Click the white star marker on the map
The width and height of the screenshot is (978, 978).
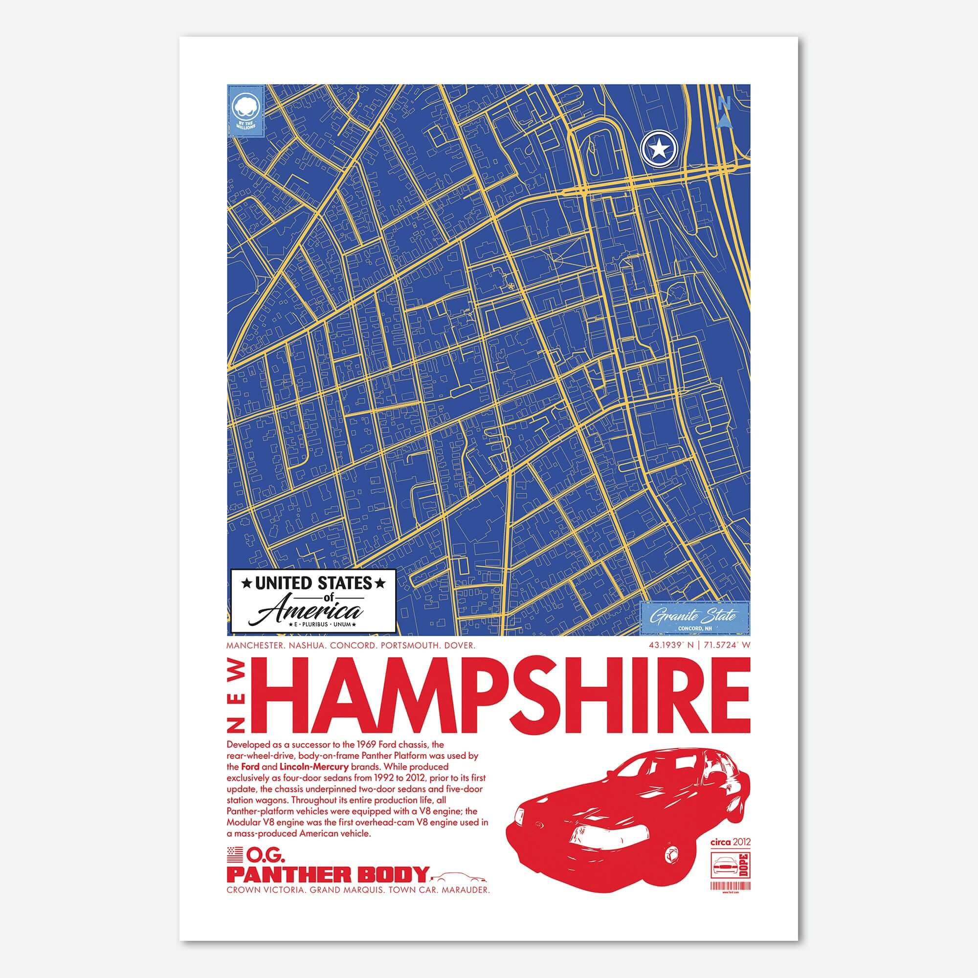(659, 148)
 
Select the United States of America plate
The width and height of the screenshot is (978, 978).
(312, 601)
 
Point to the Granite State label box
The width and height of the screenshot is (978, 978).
(695, 618)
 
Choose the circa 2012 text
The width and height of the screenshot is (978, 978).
(731, 842)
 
